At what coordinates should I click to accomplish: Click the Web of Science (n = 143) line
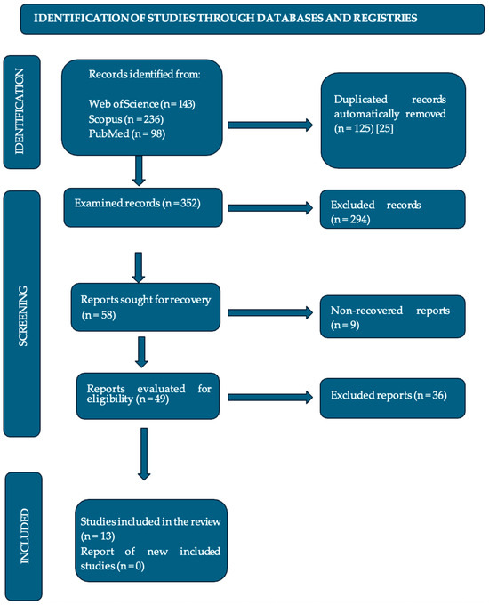point(140,105)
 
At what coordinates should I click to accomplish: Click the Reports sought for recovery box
point(148,306)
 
